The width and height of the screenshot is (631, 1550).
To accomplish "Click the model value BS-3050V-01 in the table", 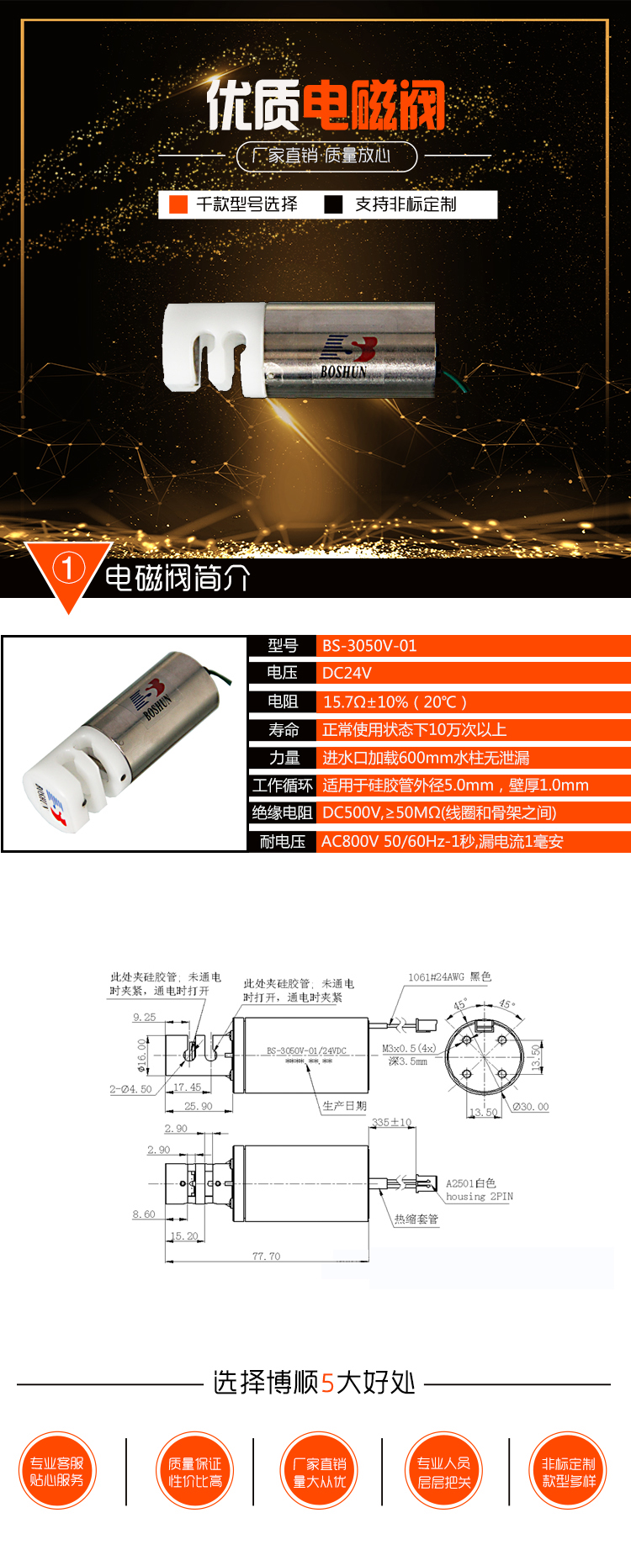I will coord(369,646).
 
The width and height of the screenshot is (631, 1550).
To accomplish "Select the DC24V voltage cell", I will coord(347,673).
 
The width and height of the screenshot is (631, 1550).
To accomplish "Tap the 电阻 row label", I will coord(283,701).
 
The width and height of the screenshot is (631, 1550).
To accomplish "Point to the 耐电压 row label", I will coord(283,841).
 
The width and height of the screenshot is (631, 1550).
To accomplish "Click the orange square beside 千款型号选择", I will coord(178,204).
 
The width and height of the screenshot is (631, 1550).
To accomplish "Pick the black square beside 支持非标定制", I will coord(334,204).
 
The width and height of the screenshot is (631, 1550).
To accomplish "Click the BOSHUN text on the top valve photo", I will coord(343,370).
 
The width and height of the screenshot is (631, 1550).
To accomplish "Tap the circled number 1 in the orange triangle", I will coord(68,569).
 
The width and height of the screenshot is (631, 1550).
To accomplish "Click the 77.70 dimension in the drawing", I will coord(266,1256).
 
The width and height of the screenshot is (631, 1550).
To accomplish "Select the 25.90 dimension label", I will coord(199,1106).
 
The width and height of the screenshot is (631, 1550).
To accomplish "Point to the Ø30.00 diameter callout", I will coord(530,1107).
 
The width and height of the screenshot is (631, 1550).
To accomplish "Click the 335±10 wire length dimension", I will coord(392,1122).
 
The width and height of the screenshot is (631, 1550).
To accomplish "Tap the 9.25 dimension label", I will coord(144,1017).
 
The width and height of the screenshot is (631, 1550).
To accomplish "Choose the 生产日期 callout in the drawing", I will coord(345,1106).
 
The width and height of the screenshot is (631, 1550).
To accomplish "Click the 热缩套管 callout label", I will coord(416,1219).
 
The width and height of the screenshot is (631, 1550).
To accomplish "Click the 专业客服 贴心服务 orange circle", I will coord(57,1472).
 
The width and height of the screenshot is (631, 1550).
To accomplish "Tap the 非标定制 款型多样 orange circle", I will coord(569,1472).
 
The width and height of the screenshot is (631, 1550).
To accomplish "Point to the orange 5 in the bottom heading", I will coord(328,1383).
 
